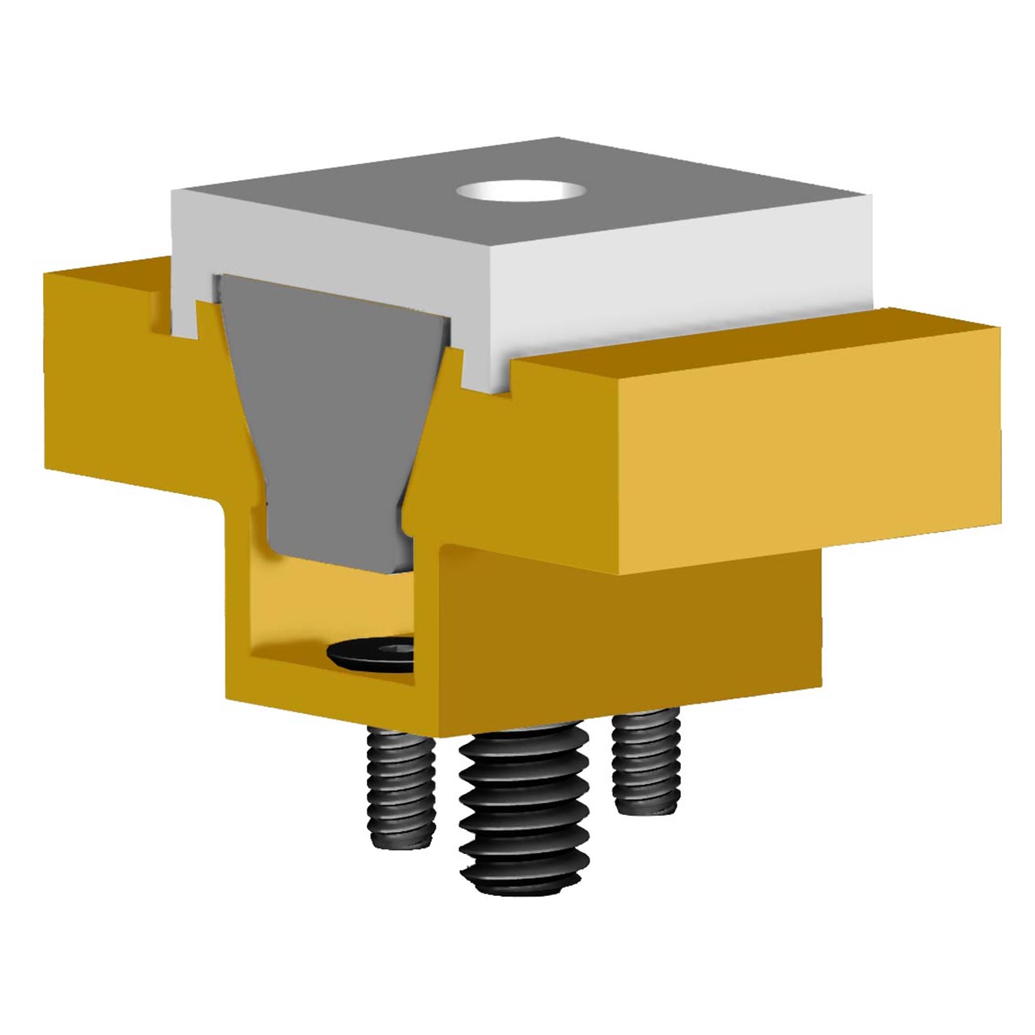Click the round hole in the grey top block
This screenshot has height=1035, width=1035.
coord(521,192)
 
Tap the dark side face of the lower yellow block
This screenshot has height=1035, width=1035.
coord(631,631)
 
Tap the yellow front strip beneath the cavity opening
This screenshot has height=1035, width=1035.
coord(323,703)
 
